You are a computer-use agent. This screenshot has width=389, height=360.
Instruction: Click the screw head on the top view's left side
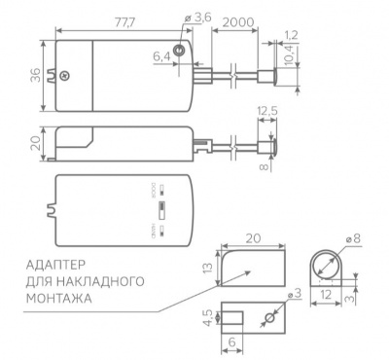point(64,76)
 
